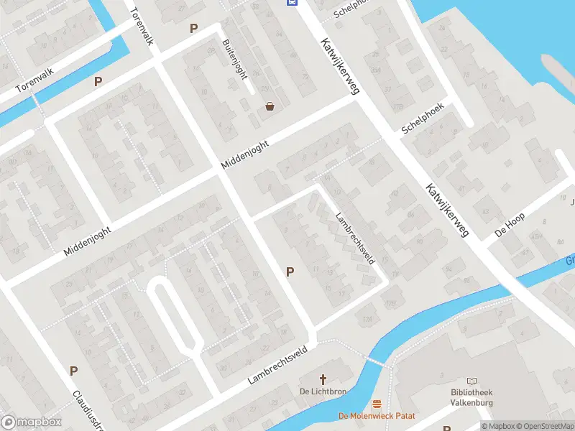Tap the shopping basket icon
270,106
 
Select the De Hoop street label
510,223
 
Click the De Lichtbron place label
323,391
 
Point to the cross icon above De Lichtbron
323,379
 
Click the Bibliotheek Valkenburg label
471,398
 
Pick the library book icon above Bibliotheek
471,381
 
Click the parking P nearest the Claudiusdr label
73,371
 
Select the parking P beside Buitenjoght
193,28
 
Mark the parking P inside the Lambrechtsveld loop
290,272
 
